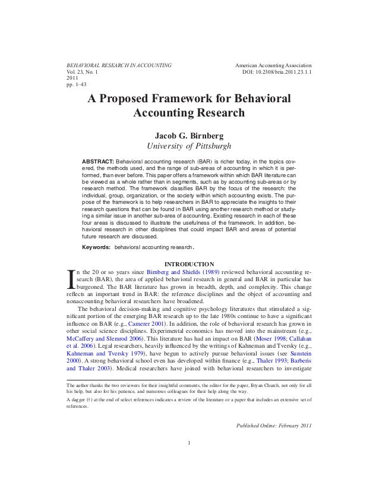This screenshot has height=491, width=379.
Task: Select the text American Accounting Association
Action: pos(274,64)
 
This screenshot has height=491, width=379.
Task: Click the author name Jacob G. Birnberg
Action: pos(190,135)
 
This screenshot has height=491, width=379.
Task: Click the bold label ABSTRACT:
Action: pos(97,162)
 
